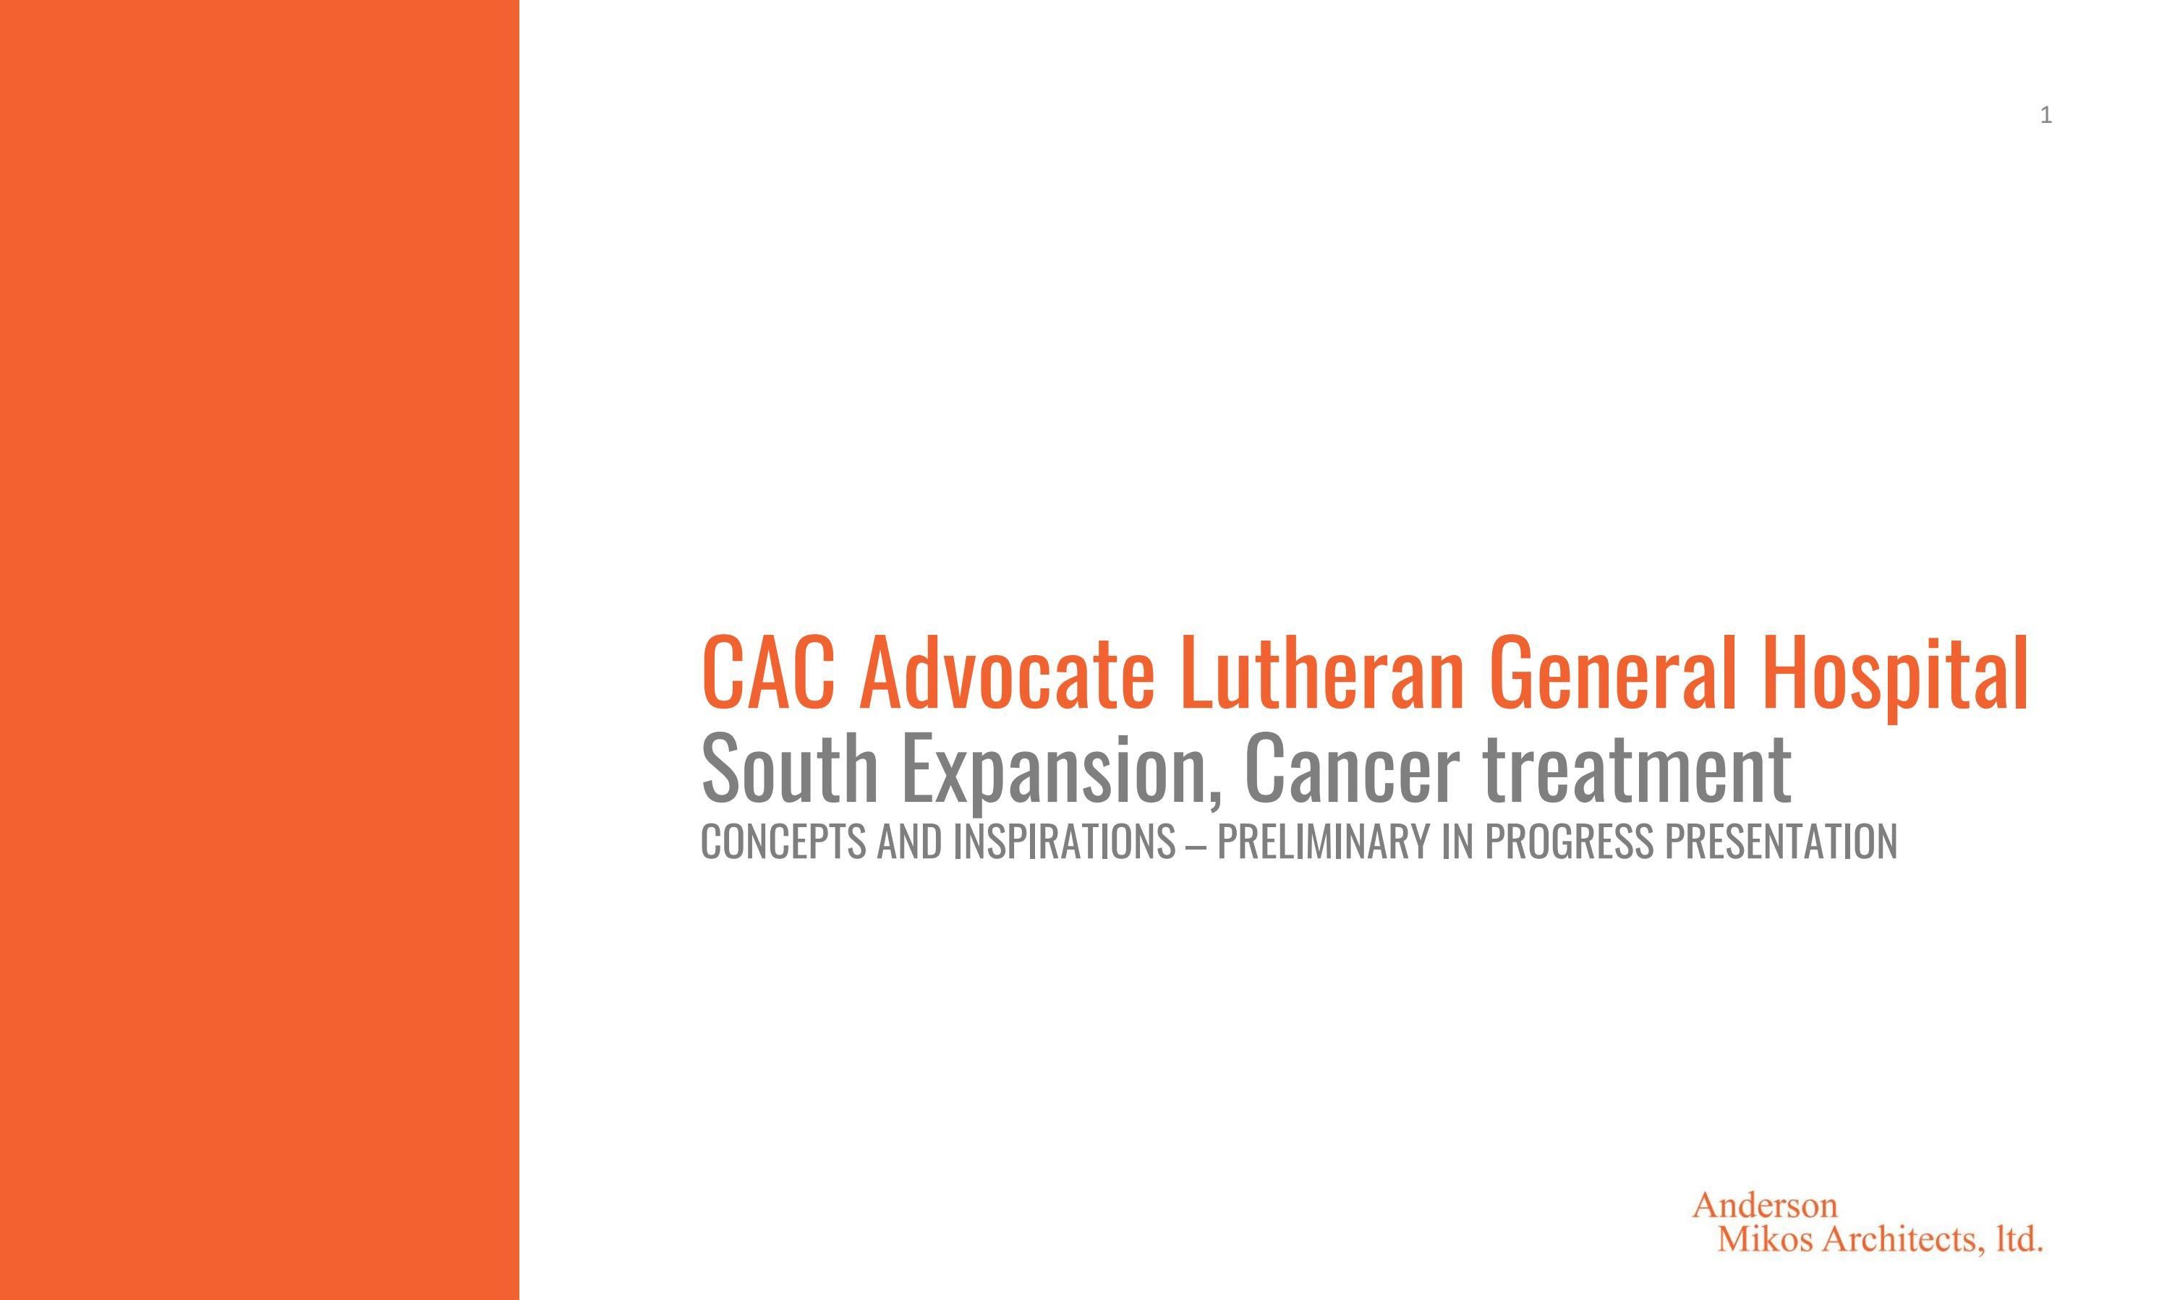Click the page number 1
pos(2045,115)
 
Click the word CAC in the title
pos(767,673)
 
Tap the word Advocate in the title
pos(1007,673)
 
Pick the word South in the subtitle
pos(790,769)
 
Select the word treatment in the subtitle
pos(1638,769)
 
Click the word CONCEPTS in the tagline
pos(783,842)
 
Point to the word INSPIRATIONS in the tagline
pos(1064,842)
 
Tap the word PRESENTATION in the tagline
pos(1781,842)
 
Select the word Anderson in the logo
pos(1764,1205)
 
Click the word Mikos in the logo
pos(1765,1239)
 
